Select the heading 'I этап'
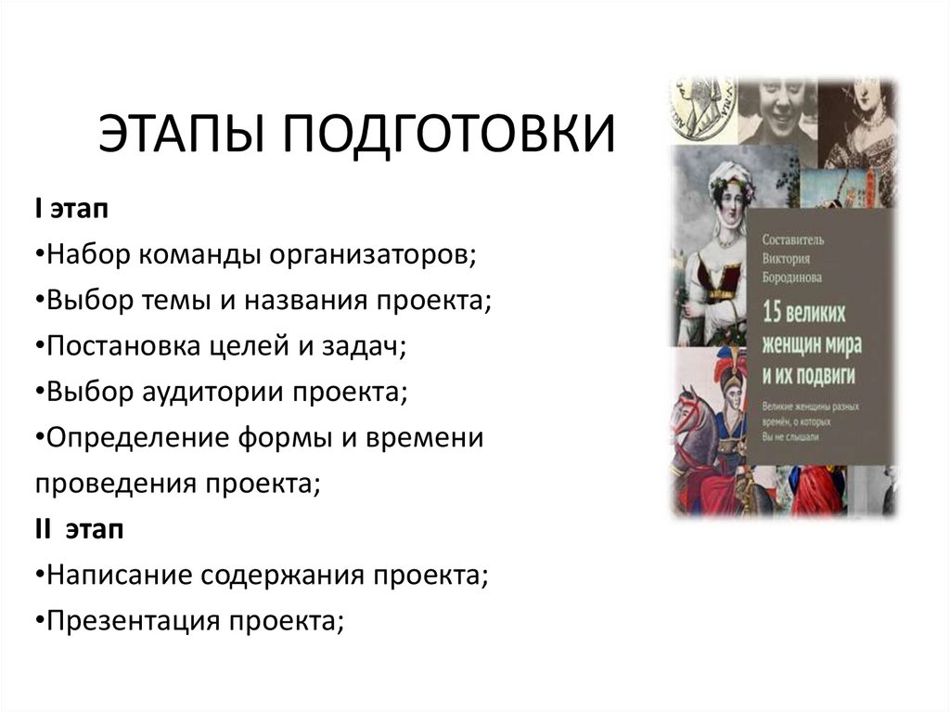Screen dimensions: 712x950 [x=71, y=211]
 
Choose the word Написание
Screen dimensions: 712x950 [x=112, y=576]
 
